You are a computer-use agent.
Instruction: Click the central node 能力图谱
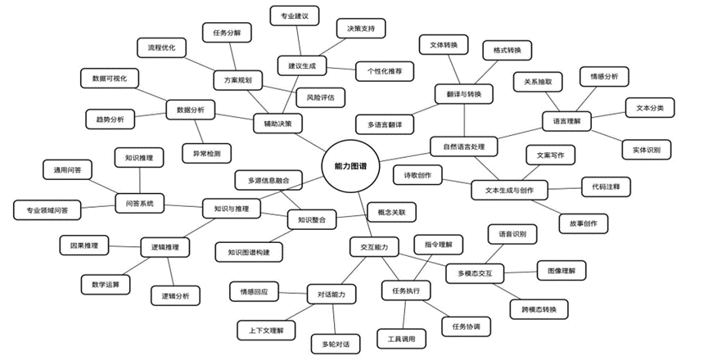(349, 166)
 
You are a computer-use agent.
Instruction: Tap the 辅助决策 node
(277, 124)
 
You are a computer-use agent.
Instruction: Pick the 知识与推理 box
(231, 209)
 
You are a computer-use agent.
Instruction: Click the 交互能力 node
(374, 245)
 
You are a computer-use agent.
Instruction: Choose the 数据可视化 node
(110, 78)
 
